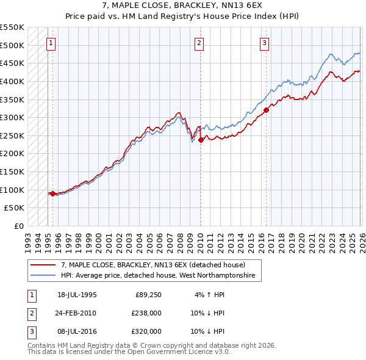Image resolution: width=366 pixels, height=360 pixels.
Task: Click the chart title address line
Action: [183, 5]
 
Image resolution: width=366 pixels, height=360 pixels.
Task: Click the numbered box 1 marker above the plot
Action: [50, 43]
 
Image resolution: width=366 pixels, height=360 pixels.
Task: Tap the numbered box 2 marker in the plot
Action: [199, 43]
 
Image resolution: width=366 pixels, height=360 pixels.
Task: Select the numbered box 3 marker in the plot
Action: [264, 43]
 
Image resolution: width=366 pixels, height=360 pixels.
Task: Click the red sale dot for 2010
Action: [201, 140]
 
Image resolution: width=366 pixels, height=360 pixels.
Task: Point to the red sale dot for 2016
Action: [266, 110]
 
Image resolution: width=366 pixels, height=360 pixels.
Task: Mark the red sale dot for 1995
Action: [53, 193]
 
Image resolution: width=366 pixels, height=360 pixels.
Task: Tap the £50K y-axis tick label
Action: [15, 208]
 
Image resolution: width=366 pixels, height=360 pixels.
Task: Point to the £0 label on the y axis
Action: [20, 226]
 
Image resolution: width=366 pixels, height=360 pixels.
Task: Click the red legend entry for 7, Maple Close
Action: [152, 265]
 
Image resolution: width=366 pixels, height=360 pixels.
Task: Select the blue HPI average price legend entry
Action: [160, 276]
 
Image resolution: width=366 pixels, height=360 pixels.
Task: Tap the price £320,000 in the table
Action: [146, 331]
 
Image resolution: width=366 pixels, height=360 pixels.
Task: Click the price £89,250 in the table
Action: [148, 295]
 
